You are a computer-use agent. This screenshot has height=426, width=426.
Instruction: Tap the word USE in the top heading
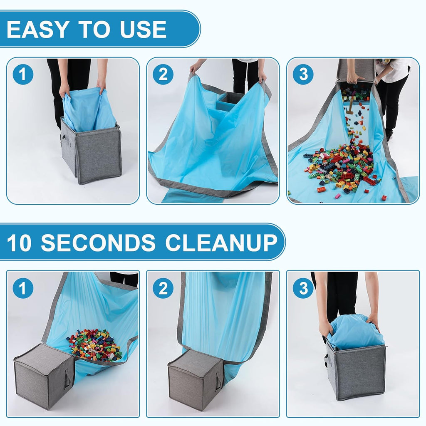[x=143, y=29]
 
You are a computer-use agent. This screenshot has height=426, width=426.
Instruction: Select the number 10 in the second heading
[x=20, y=243]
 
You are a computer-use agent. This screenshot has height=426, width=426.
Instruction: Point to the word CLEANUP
[x=221, y=243]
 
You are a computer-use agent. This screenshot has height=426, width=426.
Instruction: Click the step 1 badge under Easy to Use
[x=23, y=75]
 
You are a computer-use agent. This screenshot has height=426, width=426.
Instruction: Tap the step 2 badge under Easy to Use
[x=163, y=75]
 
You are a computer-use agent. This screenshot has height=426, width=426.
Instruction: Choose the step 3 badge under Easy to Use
[x=303, y=75]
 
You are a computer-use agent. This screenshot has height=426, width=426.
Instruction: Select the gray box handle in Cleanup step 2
[x=218, y=381]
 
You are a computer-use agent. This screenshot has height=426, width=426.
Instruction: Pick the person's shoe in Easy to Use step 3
[x=389, y=134]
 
